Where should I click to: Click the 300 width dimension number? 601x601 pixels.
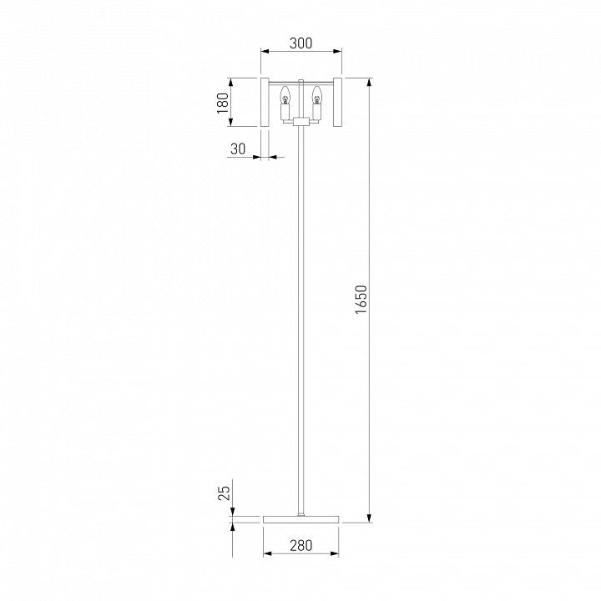coord(300,43)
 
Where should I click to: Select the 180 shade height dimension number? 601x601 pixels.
coord(223,103)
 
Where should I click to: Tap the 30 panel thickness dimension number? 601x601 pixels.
coord(238,149)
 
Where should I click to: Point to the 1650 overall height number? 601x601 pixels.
coord(361,300)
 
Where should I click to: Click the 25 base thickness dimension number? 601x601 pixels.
coord(224,493)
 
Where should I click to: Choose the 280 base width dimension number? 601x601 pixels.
coord(300,545)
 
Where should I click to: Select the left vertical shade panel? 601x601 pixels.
coord(265,102)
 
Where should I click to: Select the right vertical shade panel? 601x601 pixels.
coord(337,102)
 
